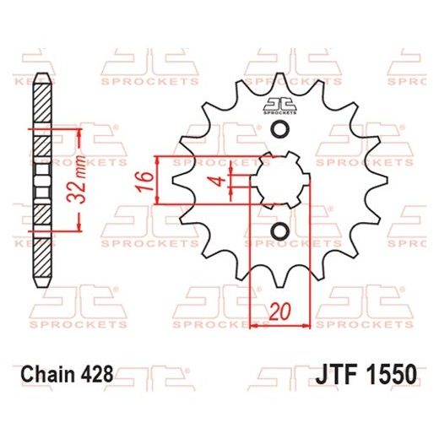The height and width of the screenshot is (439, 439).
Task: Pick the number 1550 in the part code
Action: click(385, 372)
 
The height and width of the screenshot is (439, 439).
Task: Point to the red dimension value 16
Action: click(144, 180)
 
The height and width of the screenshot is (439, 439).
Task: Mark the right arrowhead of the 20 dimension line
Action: click(307, 323)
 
